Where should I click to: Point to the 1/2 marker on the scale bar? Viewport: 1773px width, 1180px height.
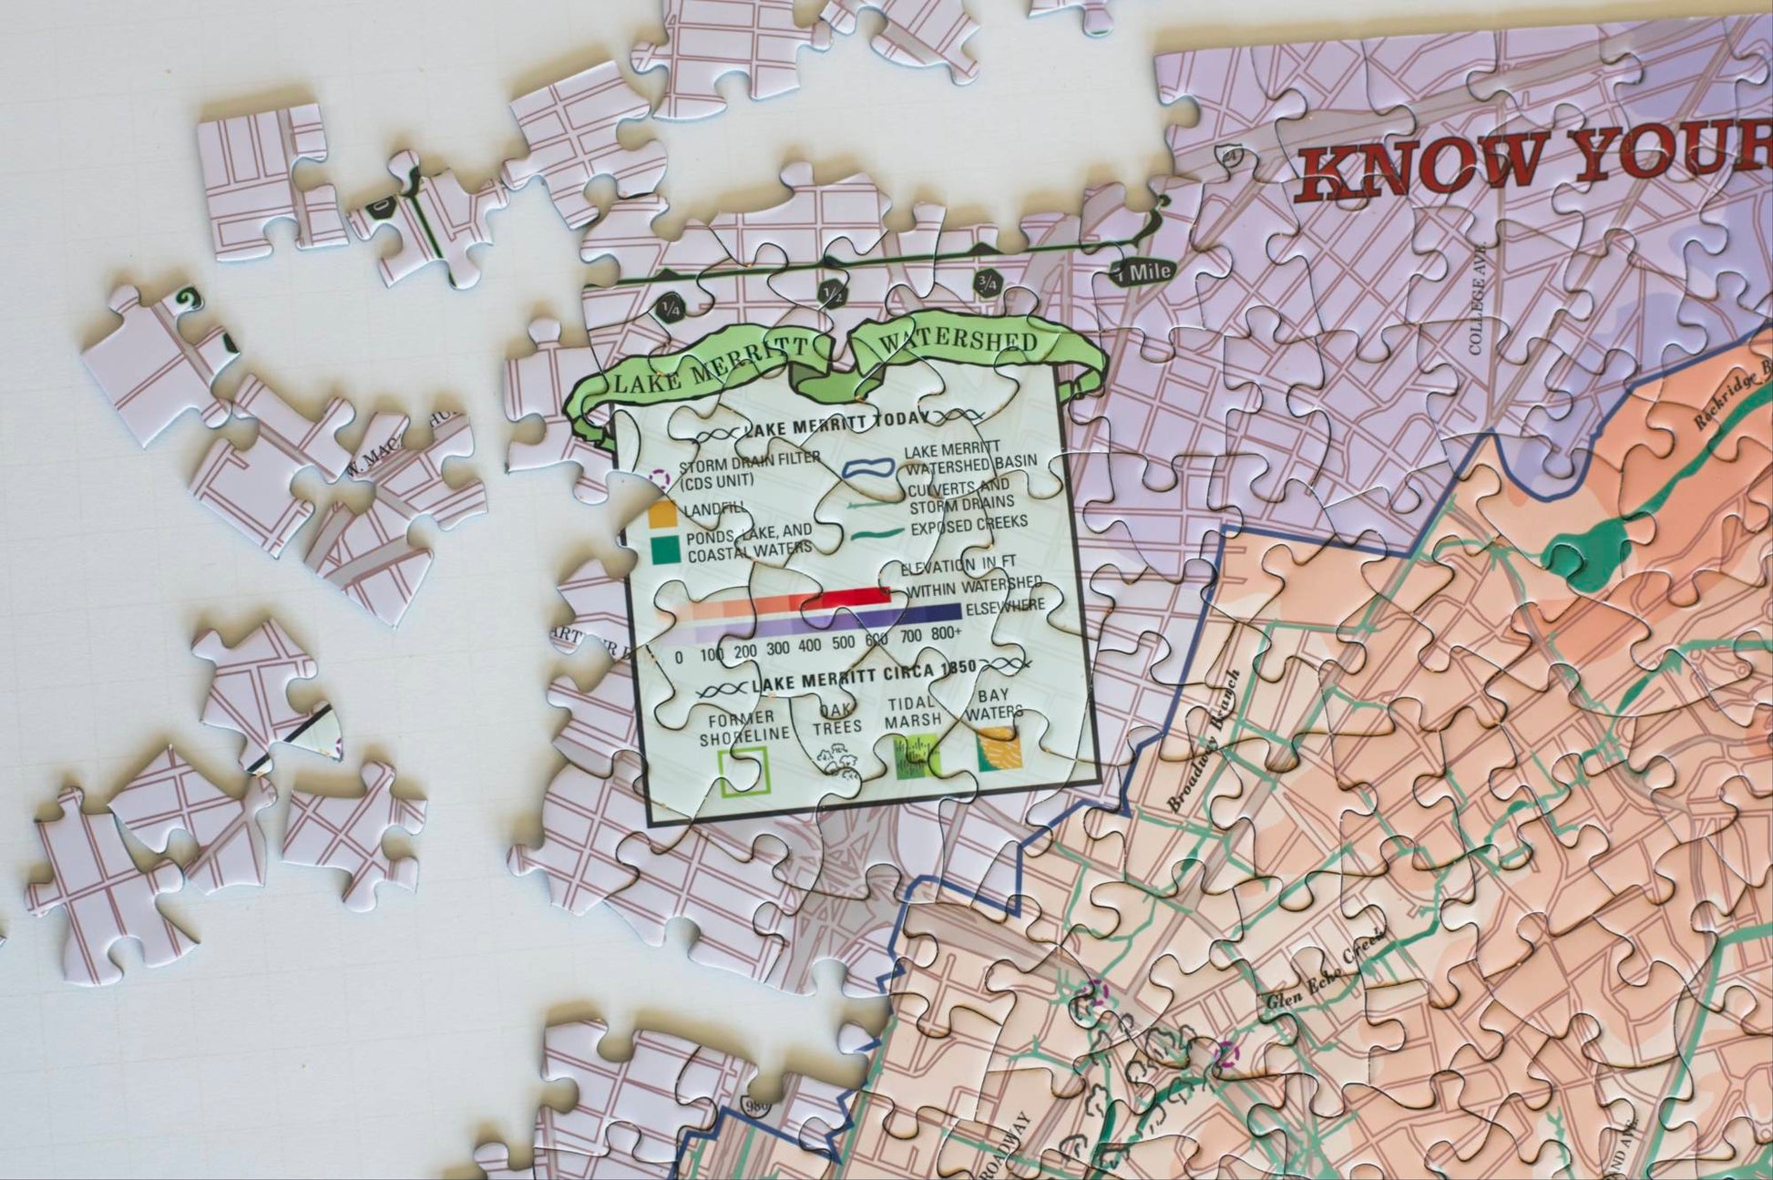pos(831,293)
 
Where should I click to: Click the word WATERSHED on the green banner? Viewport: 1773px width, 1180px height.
pos(958,341)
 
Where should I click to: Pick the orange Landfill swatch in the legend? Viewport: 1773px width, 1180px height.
pos(662,515)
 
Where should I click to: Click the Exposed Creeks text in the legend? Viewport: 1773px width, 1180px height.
pos(968,526)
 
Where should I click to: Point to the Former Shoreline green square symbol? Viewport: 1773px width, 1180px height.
pos(743,771)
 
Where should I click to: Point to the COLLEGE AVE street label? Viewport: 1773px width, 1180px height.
pos(1478,298)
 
